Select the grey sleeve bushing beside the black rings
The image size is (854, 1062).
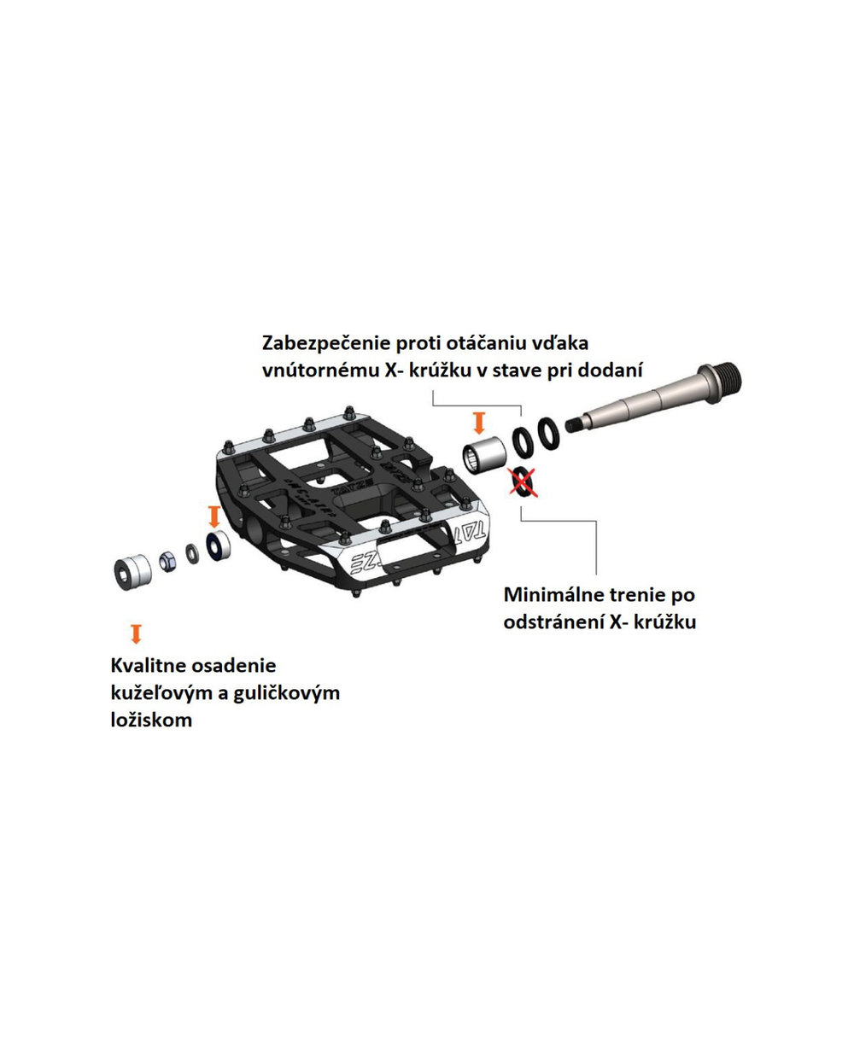tap(483, 454)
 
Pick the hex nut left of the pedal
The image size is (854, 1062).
tap(168, 561)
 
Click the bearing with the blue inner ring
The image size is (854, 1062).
tap(219, 545)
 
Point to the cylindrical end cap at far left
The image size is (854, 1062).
tap(132, 572)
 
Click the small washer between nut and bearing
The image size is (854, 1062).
tap(192, 553)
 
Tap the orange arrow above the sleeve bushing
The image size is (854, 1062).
tap(479, 423)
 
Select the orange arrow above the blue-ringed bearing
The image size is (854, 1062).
tap(213, 516)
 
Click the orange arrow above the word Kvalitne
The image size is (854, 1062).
tap(137, 633)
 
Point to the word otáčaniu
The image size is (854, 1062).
tap(479, 343)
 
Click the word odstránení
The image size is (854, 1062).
tap(553, 621)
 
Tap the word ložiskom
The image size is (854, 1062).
tap(151, 720)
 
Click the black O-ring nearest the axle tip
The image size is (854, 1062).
tap(548, 434)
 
